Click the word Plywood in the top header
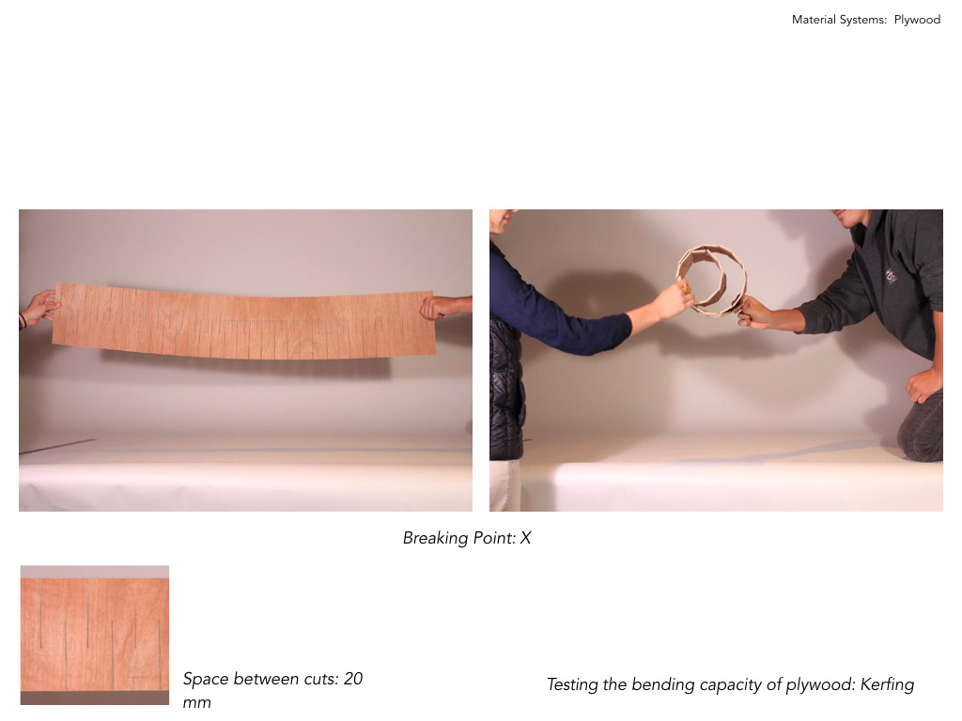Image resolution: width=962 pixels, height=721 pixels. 917,20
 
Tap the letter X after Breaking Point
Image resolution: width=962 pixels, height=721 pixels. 526,538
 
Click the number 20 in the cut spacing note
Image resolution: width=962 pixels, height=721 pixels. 353,679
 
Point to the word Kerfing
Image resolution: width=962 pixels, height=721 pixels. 887,684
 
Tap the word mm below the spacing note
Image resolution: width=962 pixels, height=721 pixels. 196,702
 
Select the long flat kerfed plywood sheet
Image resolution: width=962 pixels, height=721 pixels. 244,321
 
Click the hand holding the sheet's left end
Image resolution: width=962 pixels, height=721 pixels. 39,307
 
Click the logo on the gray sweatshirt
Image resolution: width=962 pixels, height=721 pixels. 891,275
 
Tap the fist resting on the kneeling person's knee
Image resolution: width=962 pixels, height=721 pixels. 923,385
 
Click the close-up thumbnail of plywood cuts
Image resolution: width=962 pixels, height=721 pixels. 95,635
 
